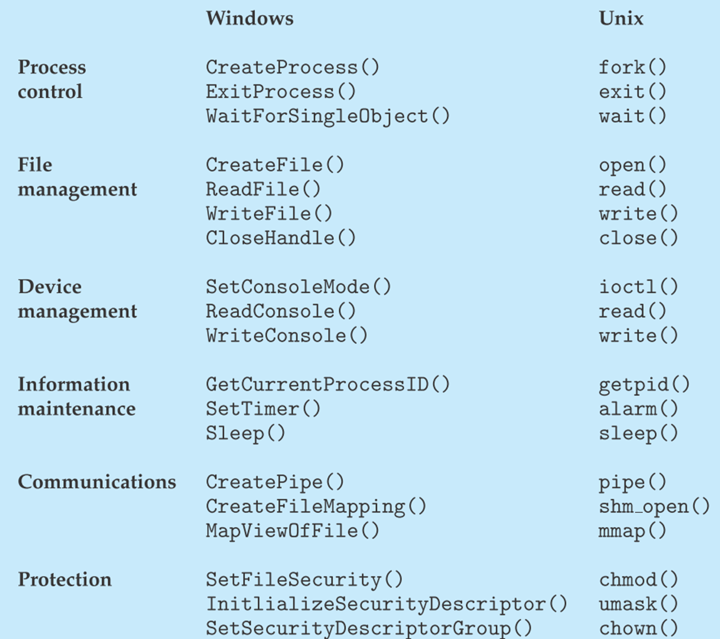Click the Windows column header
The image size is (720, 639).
[249, 18]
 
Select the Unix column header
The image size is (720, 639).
[621, 18]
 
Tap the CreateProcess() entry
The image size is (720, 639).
[292, 67]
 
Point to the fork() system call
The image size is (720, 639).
[632, 67]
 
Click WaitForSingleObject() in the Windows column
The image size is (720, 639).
[327, 116]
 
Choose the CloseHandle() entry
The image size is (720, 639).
[281, 238]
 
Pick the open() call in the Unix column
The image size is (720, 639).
[632, 165]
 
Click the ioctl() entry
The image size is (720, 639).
[638, 287]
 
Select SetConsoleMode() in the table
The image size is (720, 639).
[298, 287]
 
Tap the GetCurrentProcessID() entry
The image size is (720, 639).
[327, 385]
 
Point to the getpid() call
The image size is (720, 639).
[644, 385]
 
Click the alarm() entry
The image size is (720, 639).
[638, 409]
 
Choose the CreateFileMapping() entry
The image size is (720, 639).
[316, 506]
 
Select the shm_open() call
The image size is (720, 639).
[654, 506]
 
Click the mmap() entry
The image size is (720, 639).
[632, 531]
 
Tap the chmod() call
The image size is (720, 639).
[638, 579]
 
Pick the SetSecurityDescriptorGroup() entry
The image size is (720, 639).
[369, 628]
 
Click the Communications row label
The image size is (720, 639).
[97, 482]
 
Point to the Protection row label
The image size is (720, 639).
[65, 579]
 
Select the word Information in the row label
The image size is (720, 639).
[74, 385]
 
